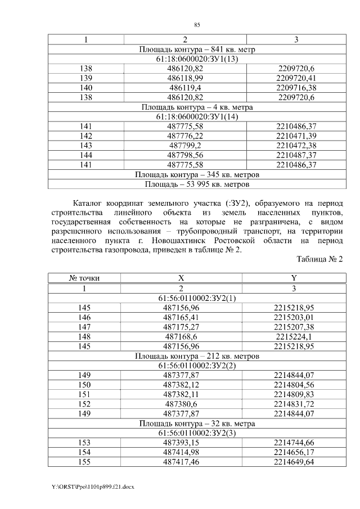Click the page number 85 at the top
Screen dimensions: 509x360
pyautogui.click(x=197, y=25)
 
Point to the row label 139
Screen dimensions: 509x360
pyautogui.click(x=86, y=78)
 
